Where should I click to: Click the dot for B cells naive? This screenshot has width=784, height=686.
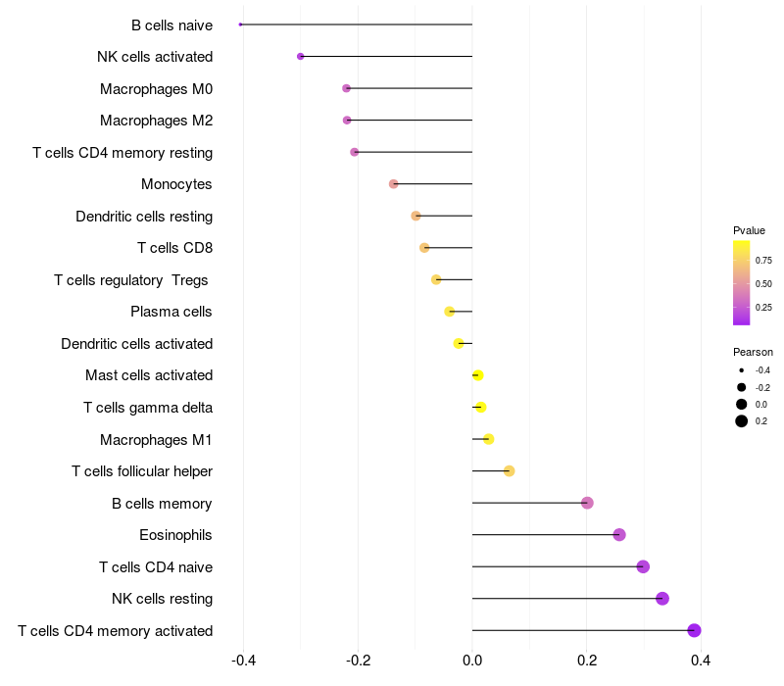pyautogui.click(x=240, y=24)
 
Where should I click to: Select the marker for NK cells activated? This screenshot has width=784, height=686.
pyautogui.click(x=301, y=57)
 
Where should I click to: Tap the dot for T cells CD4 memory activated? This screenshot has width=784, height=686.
pyautogui.click(x=694, y=630)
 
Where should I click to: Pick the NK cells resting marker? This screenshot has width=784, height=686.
pyautogui.click(x=662, y=599)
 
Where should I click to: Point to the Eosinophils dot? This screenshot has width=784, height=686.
pyautogui.click(x=619, y=535)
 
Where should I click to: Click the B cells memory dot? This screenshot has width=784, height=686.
pyautogui.click(x=587, y=503)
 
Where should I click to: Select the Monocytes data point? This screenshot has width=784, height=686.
pyautogui.click(x=394, y=184)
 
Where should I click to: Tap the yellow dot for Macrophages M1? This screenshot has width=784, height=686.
pyautogui.click(x=489, y=439)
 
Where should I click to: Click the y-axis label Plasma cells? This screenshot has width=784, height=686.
pyautogui.click(x=171, y=312)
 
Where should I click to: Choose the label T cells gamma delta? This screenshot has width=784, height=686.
pyautogui.click(x=148, y=408)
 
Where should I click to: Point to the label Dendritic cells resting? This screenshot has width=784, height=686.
pyautogui.click(x=144, y=217)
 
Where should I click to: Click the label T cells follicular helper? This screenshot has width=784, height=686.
pyautogui.click(x=142, y=471)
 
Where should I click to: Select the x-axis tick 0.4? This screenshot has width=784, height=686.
pyautogui.click(x=701, y=661)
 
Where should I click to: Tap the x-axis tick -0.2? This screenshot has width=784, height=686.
pyautogui.click(x=358, y=661)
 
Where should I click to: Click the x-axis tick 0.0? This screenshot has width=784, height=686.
pyautogui.click(x=472, y=661)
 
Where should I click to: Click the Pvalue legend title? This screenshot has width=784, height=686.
pyautogui.click(x=749, y=230)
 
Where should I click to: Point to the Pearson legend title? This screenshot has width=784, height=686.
pyautogui.click(x=753, y=352)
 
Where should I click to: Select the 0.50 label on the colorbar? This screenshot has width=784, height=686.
pyautogui.click(x=763, y=283)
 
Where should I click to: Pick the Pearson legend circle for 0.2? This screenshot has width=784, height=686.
pyautogui.click(x=742, y=421)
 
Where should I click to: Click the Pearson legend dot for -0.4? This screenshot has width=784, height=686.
pyautogui.click(x=742, y=370)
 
